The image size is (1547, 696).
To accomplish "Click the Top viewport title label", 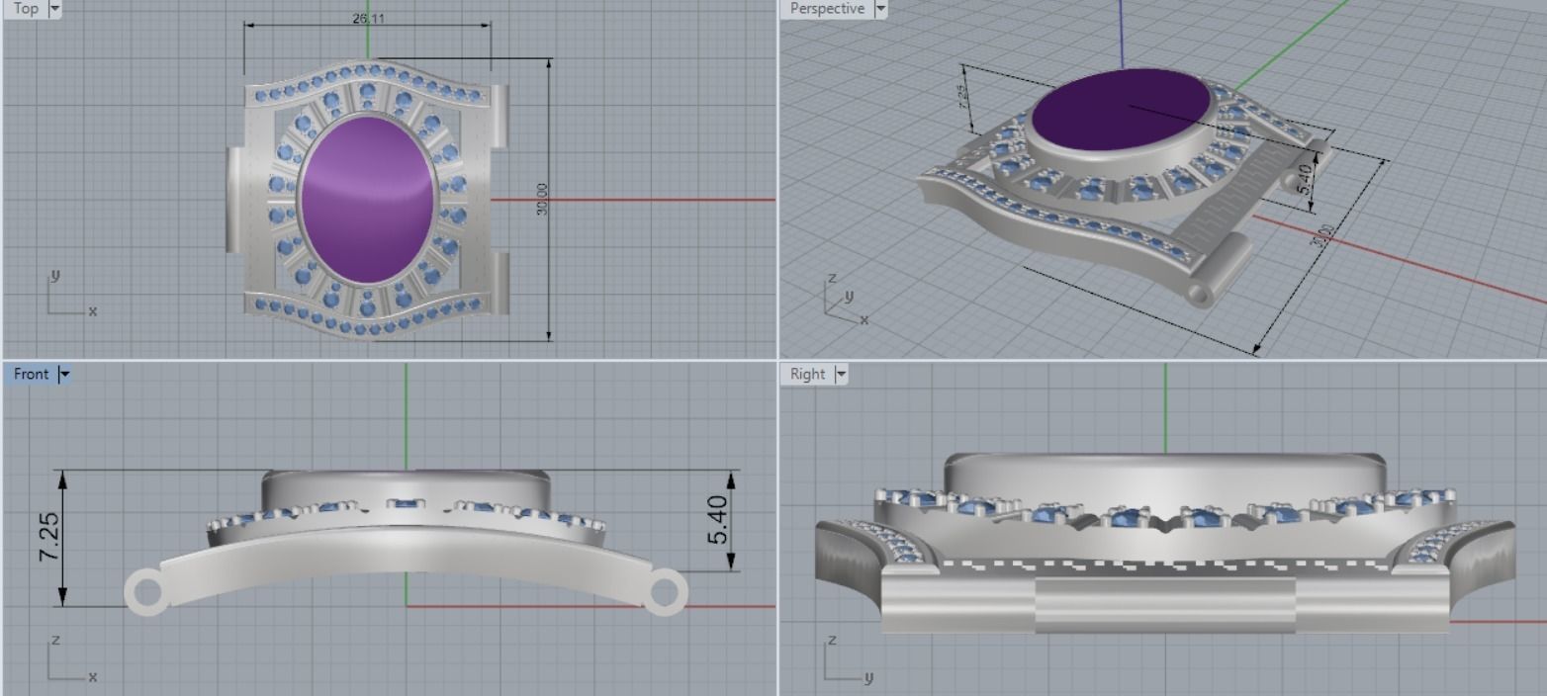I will [26, 8].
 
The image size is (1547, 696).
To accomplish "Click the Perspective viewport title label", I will [827, 8].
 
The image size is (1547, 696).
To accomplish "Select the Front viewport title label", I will [31, 374].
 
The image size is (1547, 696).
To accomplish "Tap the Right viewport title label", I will [807, 374].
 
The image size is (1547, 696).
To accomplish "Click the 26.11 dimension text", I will [368, 19].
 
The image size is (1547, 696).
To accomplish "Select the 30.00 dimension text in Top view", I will [541, 200].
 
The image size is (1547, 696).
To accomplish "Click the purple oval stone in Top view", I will [368, 199].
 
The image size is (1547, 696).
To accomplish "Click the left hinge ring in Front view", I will [145, 593].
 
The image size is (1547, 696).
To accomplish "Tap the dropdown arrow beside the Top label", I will [54, 8].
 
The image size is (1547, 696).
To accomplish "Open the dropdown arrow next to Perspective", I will [879, 9].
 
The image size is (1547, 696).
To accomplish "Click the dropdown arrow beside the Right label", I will [842, 374].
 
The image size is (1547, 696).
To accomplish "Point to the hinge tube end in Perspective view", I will [1199, 294].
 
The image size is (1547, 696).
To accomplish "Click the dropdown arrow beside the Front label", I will [65, 374].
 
